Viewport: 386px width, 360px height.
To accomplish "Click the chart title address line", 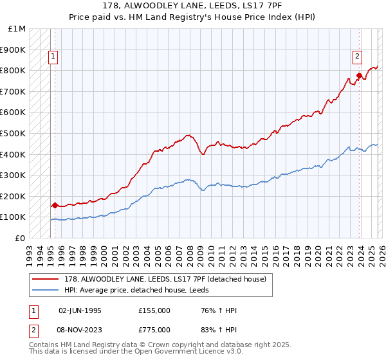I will (x=192, y=4).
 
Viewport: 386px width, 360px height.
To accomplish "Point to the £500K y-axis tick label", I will (x=13, y=134).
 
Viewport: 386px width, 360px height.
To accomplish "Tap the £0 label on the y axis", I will (x=21, y=238).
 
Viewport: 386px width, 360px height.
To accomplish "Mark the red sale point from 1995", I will (x=55, y=206).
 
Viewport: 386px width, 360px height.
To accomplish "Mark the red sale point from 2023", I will (x=358, y=76).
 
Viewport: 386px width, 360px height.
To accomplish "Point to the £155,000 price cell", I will (x=154, y=310).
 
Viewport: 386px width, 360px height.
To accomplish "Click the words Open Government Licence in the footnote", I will (x=183, y=353).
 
